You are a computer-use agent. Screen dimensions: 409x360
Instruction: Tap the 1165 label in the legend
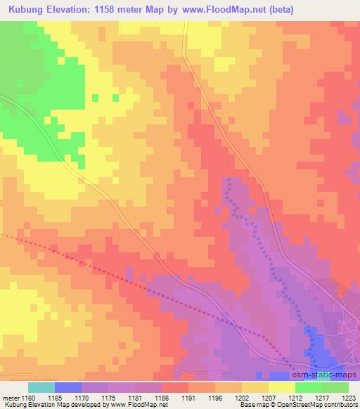pos(68,397)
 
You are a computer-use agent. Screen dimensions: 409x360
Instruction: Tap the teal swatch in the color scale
pos(41,387)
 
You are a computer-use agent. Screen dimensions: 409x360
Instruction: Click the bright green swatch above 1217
pos(309,387)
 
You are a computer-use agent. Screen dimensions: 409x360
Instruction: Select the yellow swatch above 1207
pos(255,387)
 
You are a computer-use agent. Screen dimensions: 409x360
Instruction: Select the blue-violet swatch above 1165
pos(68,387)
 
